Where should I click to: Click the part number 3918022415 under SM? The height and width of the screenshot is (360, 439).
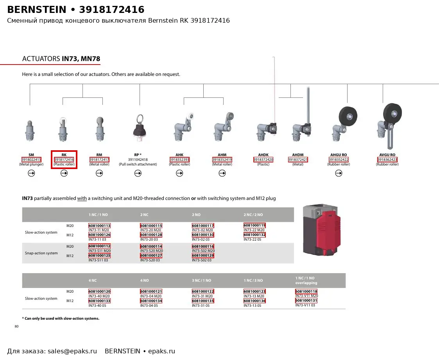[31, 160]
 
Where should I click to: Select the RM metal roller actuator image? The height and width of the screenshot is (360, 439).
[100, 129]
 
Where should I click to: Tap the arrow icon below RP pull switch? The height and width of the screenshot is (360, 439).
[138, 173]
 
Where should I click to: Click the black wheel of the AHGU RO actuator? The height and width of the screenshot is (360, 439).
[348, 116]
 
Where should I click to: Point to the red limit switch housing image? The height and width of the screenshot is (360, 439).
[322, 230]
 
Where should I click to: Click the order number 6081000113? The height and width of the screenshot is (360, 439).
[99, 226]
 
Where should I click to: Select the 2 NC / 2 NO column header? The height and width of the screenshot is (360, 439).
[253, 215]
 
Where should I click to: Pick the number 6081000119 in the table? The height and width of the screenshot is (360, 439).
[254, 225]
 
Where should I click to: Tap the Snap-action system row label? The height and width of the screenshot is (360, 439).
[41, 253]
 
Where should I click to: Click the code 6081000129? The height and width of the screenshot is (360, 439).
[203, 256]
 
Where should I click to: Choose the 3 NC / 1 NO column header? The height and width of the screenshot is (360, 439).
[202, 281]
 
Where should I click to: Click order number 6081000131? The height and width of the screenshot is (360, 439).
[306, 301]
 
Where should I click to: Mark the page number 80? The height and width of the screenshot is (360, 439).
[16, 326]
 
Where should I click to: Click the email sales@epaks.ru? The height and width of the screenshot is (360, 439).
[72, 351]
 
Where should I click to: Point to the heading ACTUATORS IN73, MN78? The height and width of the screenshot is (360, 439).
[61, 59]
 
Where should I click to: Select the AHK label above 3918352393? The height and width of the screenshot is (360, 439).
[179, 155]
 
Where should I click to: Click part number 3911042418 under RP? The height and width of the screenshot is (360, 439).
[138, 160]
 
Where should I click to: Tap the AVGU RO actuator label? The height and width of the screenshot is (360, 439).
[387, 155]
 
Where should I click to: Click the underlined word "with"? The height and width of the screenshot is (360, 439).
[82, 198]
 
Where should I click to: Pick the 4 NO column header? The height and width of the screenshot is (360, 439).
[145, 281]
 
